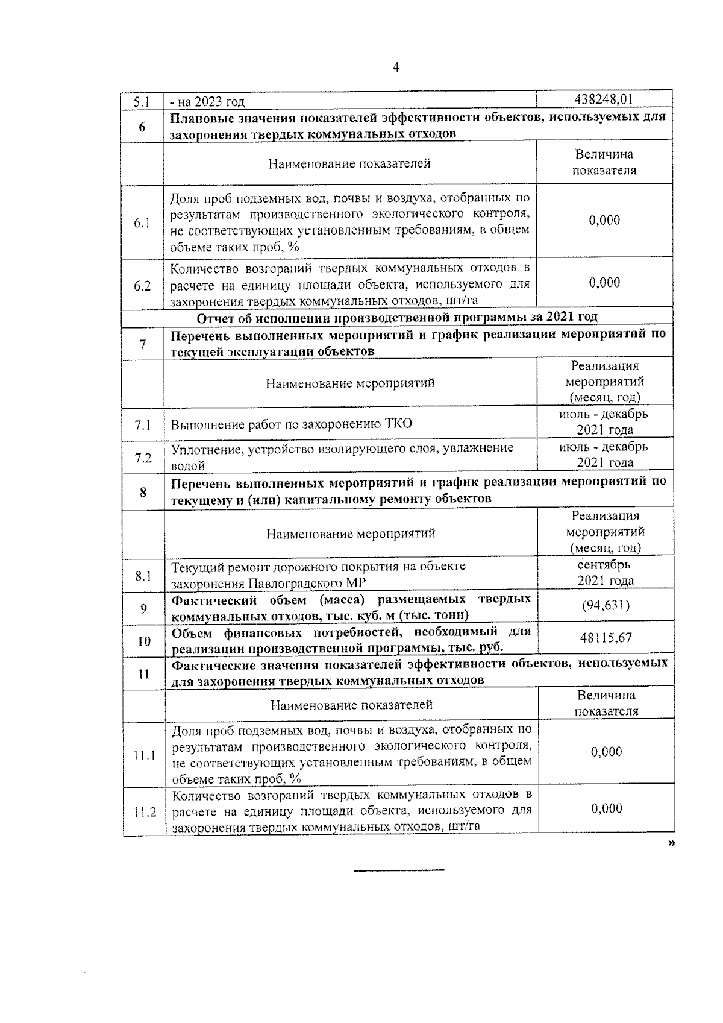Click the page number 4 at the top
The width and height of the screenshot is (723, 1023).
396,68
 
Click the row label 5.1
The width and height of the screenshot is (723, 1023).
142,101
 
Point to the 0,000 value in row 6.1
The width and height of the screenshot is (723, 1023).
604,220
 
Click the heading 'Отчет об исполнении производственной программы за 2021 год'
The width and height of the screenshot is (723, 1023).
397,317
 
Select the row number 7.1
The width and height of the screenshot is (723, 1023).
143,425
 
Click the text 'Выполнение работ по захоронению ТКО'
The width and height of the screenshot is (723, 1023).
291,424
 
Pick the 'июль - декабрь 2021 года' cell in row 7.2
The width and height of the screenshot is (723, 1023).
604,455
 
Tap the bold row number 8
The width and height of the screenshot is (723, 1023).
143,493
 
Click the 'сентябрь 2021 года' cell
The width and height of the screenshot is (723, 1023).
605,573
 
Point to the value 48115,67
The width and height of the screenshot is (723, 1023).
606,638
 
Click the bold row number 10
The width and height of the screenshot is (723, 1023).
144,641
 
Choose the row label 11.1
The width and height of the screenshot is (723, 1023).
145,755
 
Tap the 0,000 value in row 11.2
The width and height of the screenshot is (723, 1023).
606,808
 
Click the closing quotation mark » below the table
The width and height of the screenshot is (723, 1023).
671,844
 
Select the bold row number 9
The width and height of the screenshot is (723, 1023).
144,608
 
